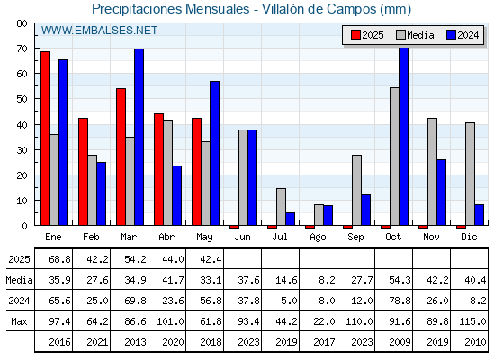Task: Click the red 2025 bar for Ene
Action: coord(45,139)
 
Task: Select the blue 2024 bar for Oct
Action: coord(404,136)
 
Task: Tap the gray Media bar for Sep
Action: coord(356,190)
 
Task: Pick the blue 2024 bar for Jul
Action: coord(290,219)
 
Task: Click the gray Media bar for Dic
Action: coord(470,174)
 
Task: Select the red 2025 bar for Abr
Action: coord(158,169)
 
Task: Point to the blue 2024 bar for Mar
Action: coord(139,137)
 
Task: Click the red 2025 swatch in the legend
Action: coord(355,35)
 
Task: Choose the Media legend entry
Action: coord(415,35)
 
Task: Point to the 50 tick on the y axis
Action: coord(36,99)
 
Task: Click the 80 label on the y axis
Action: coord(22,23)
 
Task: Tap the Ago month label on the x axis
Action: coord(318,238)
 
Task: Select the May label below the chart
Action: coord(204,238)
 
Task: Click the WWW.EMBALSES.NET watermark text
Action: coord(99,31)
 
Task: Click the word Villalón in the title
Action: coord(283,9)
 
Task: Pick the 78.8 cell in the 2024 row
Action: coord(400,301)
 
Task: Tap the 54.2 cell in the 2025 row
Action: coord(135,259)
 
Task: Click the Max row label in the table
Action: coord(19,321)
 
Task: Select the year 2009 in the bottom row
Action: coord(400,342)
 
